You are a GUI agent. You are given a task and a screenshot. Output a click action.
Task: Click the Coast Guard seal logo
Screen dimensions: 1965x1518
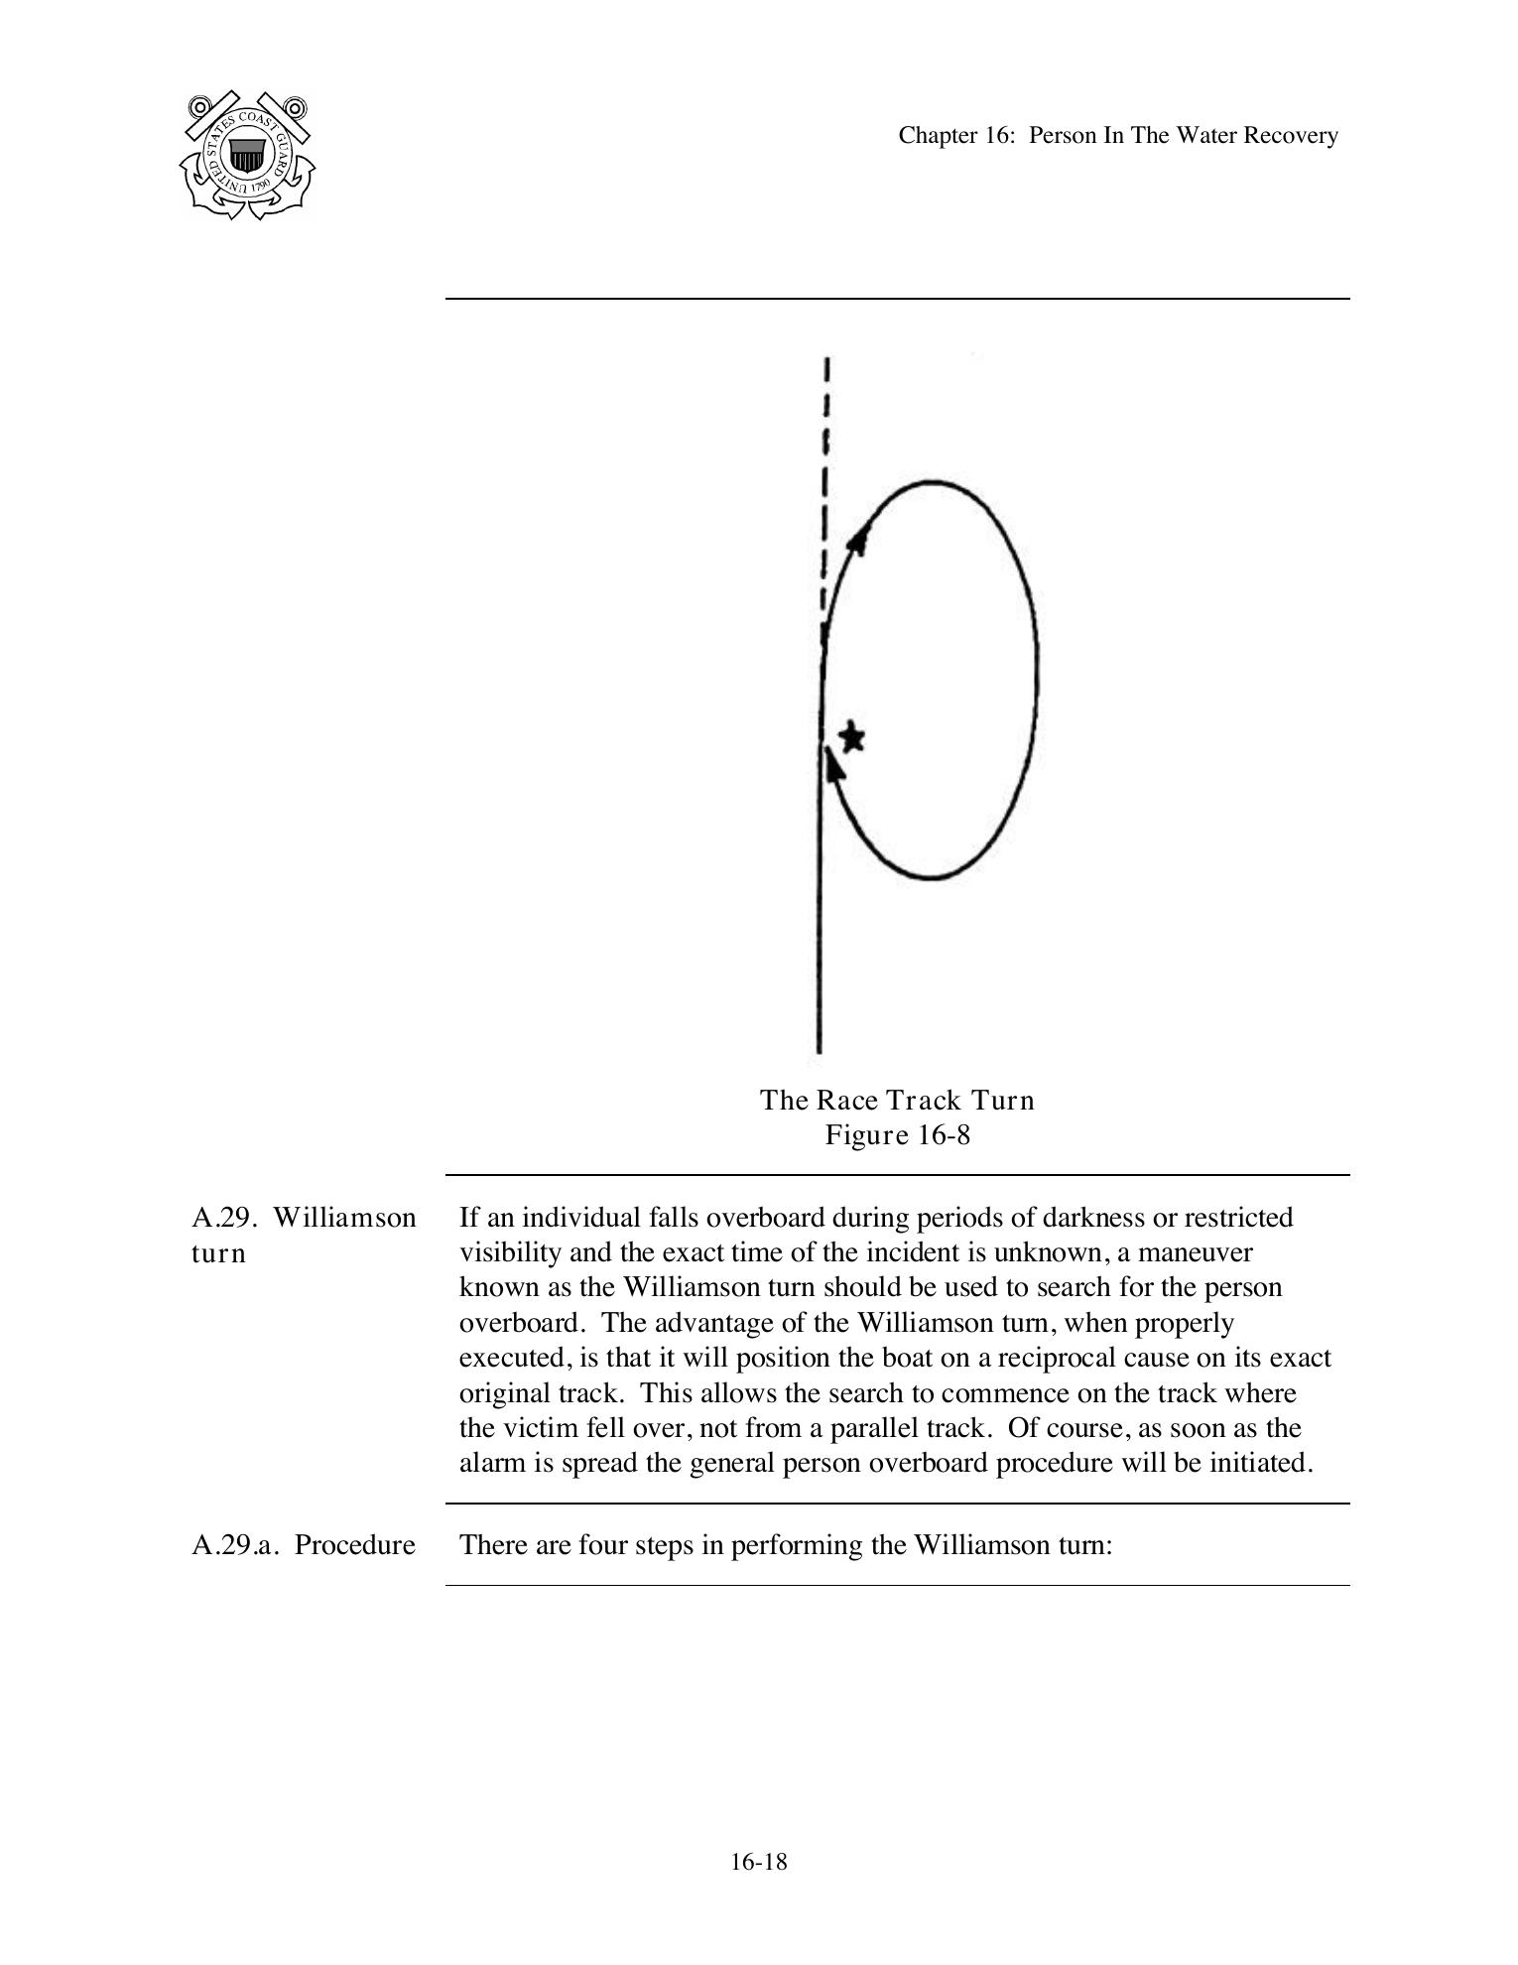pos(248,155)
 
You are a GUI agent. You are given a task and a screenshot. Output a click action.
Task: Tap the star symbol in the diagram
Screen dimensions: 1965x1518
pos(851,737)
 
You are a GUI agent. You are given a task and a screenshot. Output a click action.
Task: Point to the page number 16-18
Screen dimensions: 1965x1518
pos(759,1862)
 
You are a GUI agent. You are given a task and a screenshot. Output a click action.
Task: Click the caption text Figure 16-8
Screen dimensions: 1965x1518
pos(897,1134)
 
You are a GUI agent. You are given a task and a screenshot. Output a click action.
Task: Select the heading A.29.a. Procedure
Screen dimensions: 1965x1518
pos(304,1545)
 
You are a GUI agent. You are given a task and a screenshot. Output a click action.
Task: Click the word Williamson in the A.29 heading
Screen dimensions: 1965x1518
pos(344,1218)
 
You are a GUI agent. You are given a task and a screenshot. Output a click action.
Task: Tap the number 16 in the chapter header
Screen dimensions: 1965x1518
pos(996,135)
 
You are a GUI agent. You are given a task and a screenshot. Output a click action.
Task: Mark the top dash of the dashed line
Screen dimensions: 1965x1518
pos(827,369)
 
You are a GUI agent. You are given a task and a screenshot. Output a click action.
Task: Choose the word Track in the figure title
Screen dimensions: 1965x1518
pos(924,1100)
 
